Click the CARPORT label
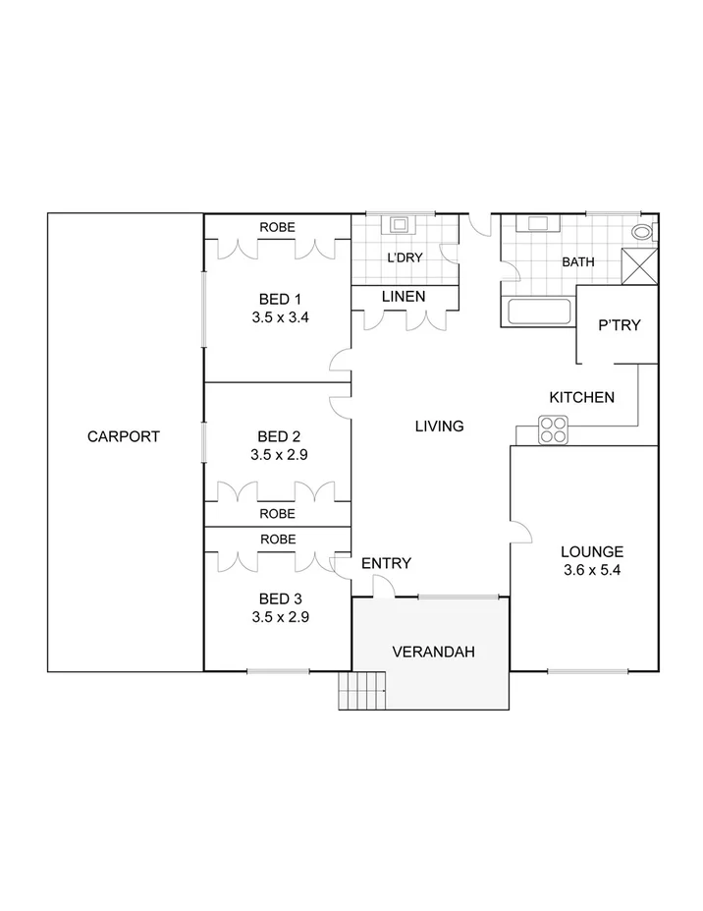coord(123,436)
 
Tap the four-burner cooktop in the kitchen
coord(553,429)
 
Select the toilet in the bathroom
coord(643,232)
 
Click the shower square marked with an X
coord(639,266)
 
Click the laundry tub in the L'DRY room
coord(401,224)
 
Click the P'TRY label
coord(619,324)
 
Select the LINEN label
coord(404,296)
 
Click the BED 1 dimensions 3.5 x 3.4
coord(279,316)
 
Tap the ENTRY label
coord(386,563)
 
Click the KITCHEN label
coord(581,397)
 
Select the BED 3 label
coord(279,598)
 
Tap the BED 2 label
coord(279,436)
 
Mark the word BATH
coord(576,262)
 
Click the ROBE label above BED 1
coord(277,227)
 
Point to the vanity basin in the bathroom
coord(538,223)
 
